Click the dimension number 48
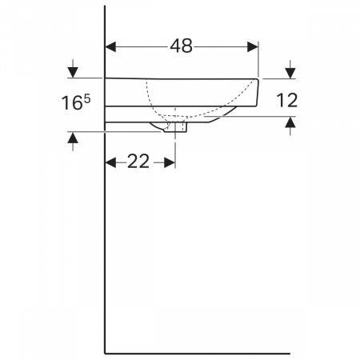[181, 46]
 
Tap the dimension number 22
[138, 162]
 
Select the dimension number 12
[287, 100]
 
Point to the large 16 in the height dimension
[72, 103]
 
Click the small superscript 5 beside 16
[87, 99]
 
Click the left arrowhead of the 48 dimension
[111, 47]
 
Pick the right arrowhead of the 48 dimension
[253, 47]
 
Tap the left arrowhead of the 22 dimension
[111, 162]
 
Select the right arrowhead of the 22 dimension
[170, 162]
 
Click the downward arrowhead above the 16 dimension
[73, 72]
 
